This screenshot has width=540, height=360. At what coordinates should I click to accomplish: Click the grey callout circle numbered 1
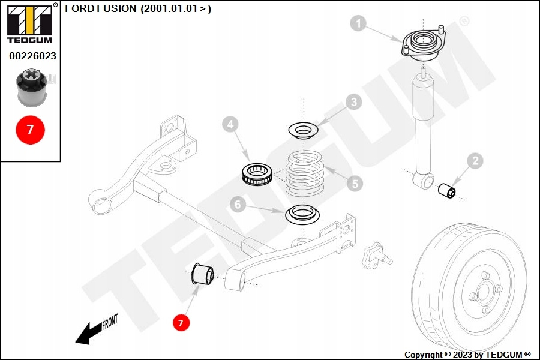[x=358, y=24]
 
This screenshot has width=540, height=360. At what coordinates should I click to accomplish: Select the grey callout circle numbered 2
[x=475, y=160]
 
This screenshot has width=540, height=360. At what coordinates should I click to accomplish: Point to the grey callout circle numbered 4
[x=230, y=125]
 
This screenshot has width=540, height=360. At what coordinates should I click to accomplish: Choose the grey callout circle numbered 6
[x=238, y=205]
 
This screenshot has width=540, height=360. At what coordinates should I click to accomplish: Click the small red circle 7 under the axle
[x=181, y=323]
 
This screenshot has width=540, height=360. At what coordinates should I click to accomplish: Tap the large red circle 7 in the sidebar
[x=29, y=128]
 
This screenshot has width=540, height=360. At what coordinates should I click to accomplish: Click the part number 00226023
[x=32, y=56]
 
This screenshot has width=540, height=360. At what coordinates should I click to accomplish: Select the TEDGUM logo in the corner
[x=29, y=24]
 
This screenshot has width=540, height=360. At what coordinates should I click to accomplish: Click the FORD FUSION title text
[x=137, y=9]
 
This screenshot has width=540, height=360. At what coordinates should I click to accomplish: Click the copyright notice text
[x=467, y=355]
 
